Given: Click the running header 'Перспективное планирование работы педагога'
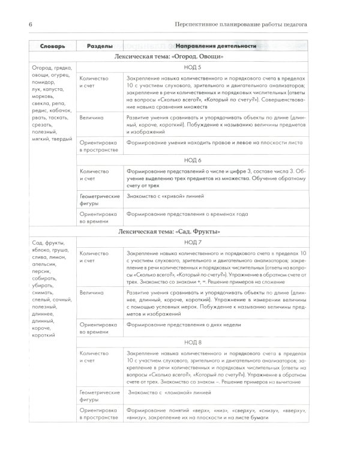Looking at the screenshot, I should click(250, 23).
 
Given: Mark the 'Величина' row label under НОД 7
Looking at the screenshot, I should click(91, 276).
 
